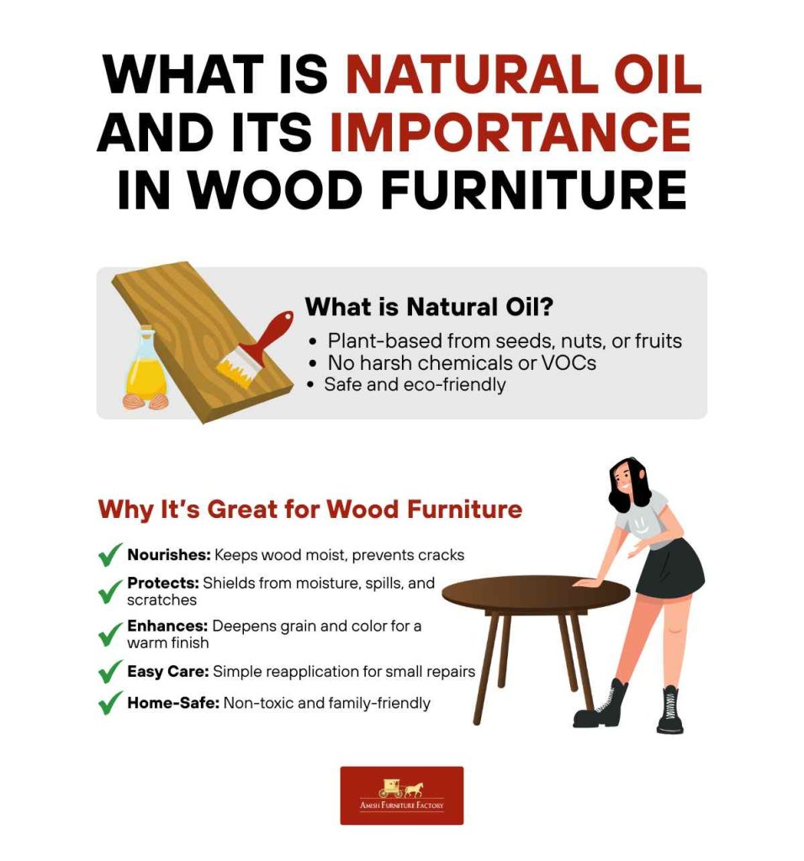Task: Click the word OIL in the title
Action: pos(657,74)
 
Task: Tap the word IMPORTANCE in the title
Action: pos(510,133)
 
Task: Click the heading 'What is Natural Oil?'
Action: pos(429,307)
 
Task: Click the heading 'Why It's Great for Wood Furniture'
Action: pos(309,510)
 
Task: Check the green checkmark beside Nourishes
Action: pos(110,556)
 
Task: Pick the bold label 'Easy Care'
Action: pos(167,672)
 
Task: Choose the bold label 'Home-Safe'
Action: pos(172,703)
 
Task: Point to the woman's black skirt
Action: pos(669,568)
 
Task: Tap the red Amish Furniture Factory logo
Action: pos(401,795)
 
